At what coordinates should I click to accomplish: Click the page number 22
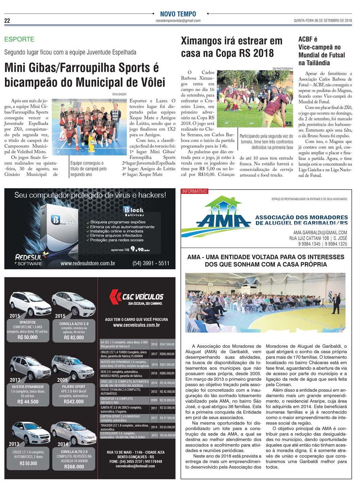click(x=7, y=21)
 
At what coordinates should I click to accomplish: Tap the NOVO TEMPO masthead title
click(x=178, y=14)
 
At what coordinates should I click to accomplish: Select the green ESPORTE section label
click(x=19, y=39)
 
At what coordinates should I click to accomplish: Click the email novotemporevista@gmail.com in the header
click(x=178, y=21)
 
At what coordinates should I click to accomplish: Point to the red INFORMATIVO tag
click(x=194, y=192)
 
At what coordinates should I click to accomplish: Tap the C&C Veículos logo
click(x=136, y=297)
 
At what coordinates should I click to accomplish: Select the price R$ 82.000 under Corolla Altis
click(x=74, y=338)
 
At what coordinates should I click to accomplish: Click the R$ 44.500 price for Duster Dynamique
click(x=28, y=402)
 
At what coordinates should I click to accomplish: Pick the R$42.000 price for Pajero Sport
click(x=73, y=402)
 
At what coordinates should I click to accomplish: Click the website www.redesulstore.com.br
click(x=88, y=264)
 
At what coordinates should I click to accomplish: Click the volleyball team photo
click(x=89, y=122)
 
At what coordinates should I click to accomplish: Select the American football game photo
click(x=255, y=99)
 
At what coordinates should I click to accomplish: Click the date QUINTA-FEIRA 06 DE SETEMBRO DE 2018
click(x=323, y=21)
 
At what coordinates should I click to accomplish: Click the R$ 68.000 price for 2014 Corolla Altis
click(x=74, y=467)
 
